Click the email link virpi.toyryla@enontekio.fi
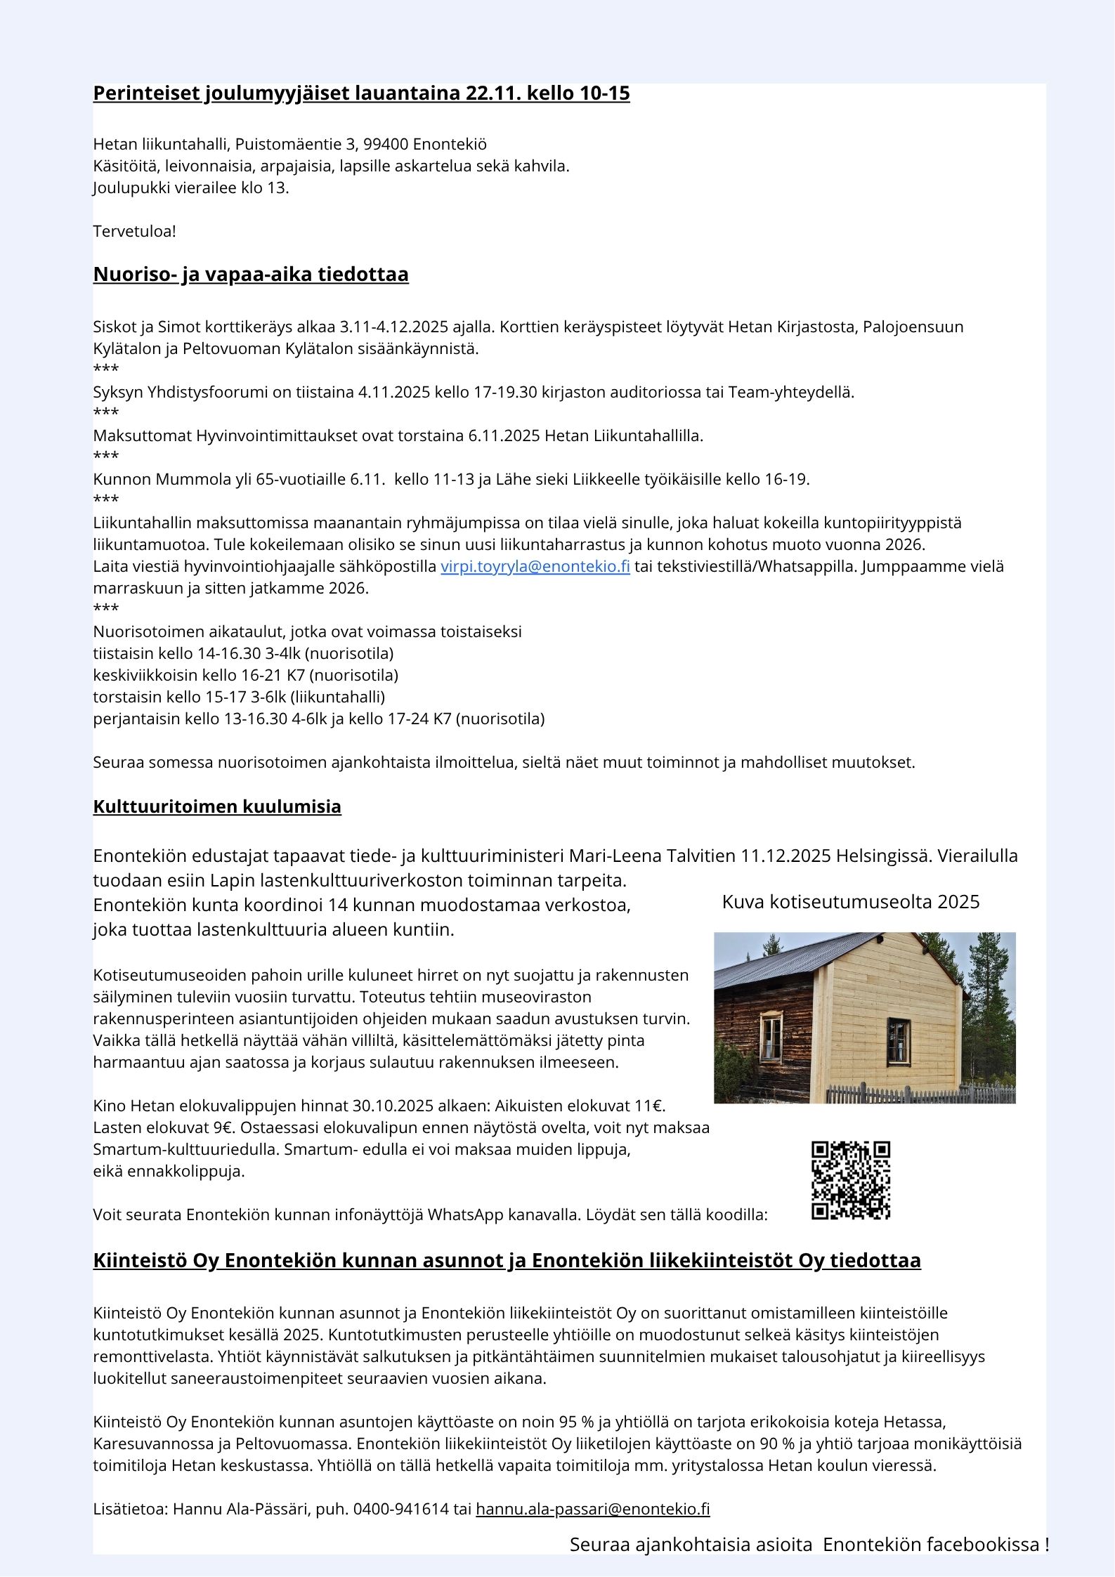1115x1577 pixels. click(535, 566)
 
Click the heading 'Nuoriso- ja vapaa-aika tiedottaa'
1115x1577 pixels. click(251, 274)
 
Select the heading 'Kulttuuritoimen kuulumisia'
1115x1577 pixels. click(217, 806)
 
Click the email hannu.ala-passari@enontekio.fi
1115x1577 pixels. click(592, 1509)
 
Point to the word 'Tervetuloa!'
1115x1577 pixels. click(135, 231)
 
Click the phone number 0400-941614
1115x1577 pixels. click(400, 1509)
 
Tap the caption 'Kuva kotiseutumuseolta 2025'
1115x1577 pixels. click(850, 902)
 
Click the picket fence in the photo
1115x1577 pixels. click(920, 1094)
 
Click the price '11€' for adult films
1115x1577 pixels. click(649, 1106)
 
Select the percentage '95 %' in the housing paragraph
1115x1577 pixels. click(577, 1422)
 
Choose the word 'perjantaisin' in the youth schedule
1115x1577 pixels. click(136, 719)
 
